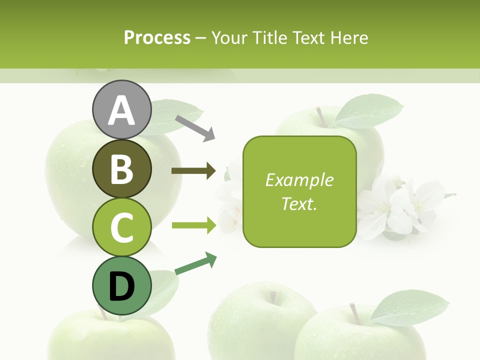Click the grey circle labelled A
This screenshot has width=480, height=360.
121,109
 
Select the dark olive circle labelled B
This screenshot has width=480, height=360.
121,168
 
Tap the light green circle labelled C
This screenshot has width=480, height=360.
121,227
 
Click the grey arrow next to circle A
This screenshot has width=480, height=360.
195,128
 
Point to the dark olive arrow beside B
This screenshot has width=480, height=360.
193,171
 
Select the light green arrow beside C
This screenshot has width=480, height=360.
193,225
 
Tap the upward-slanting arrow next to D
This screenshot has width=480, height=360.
196,263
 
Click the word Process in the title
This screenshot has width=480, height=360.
157,38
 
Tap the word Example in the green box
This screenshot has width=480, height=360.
299,180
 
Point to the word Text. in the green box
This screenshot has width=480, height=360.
299,203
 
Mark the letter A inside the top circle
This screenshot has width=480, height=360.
121,110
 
